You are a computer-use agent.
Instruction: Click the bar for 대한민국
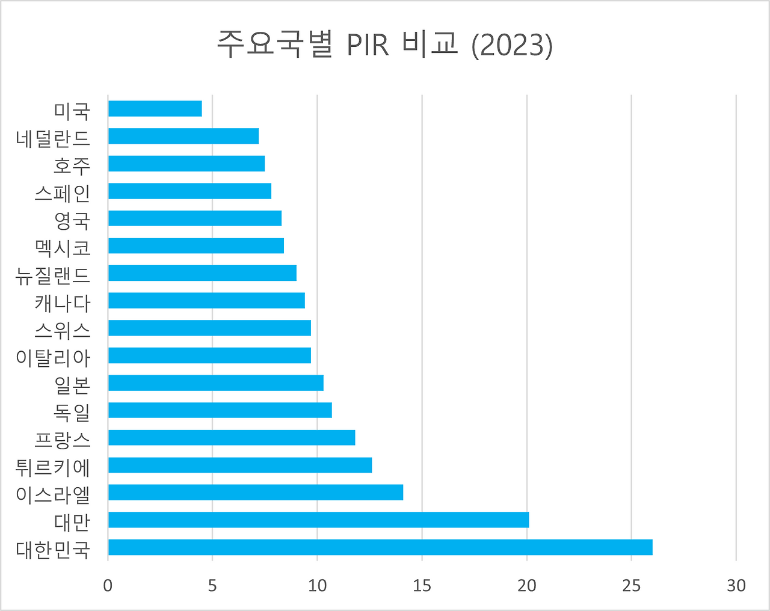[380, 547]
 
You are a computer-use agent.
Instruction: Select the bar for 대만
[318, 520]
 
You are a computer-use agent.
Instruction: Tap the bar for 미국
[155, 109]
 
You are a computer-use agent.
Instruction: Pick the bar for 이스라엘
[256, 493]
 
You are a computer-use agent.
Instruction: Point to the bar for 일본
[216, 382]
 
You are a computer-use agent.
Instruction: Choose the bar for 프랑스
[232, 437]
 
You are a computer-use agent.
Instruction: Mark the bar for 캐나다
[206, 300]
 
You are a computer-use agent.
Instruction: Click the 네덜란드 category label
[53, 138]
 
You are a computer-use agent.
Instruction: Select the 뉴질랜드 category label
[53, 275]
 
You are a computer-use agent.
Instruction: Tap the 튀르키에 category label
[53, 466]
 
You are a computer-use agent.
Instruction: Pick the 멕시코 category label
[63, 247]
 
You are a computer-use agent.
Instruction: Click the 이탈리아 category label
[53, 357]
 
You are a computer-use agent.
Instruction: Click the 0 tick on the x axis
[108, 586]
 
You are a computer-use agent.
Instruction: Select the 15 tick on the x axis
[422, 586]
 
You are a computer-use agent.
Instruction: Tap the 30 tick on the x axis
[736, 586]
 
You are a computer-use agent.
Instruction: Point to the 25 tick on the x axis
[632, 586]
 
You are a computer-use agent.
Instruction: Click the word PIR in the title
[368, 46]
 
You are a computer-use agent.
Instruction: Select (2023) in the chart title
[512, 46]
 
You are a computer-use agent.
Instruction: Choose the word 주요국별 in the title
[275, 45]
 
